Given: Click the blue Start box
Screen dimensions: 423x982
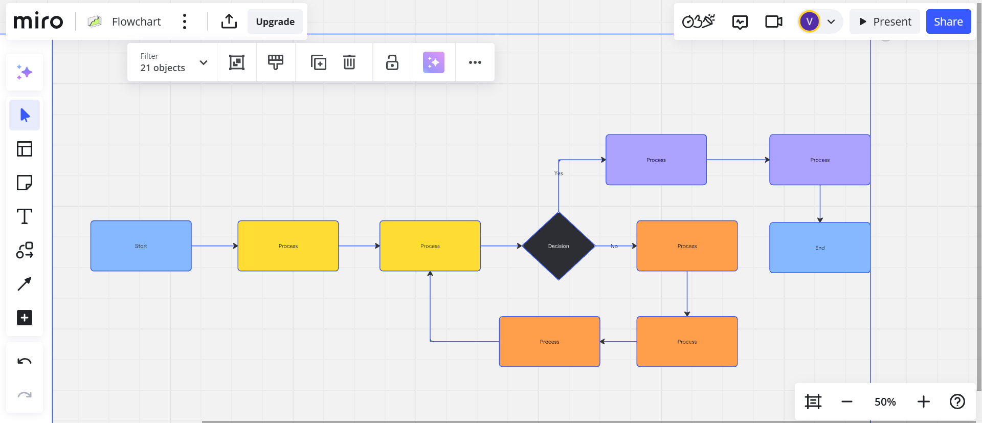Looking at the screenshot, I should [x=141, y=246].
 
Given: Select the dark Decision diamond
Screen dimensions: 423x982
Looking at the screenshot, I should [x=559, y=246].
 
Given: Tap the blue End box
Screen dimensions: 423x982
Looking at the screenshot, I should [x=819, y=248].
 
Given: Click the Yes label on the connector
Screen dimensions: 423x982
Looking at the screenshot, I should [x=559, y=173].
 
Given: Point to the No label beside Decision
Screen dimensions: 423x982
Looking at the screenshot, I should [x=614, y=246].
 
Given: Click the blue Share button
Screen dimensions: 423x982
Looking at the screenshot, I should [x=948, y=21].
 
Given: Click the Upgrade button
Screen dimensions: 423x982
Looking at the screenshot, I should [x=275, y=21].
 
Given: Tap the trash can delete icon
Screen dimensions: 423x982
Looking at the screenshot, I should [x=349, y=62].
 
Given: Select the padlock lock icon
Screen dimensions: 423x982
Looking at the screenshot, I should [x=392, y=62].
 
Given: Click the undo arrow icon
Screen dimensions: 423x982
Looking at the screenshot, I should [x=25, y=362].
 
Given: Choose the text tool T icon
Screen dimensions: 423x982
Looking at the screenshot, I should [x=25, y=216].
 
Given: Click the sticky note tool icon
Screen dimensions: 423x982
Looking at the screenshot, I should [x=25, y=183].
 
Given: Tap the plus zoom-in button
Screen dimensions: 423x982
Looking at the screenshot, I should [x=923, y=402].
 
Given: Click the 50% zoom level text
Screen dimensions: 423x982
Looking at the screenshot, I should [x=885, y=402].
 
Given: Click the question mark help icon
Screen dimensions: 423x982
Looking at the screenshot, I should [x=957, y=402].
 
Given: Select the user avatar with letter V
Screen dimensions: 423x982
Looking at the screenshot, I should [x=809, y=21].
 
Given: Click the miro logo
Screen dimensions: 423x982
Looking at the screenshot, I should [x=38, y=21].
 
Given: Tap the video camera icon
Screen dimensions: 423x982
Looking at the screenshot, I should [x=773, y=21].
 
